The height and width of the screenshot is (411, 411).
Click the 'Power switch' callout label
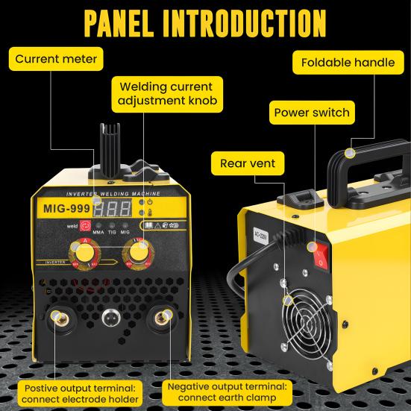click(312, 113)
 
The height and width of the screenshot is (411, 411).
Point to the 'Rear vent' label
click(247, 163)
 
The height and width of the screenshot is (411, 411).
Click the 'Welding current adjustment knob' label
click(160, 95)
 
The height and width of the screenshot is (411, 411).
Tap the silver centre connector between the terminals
click(110, 320)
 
